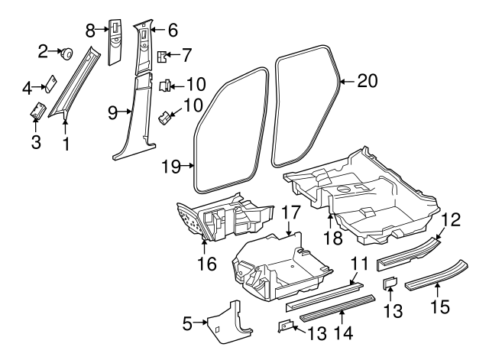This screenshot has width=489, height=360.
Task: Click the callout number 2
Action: (44, 51)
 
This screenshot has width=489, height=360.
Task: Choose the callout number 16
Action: (206, 264)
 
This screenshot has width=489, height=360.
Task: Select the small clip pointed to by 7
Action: (162, 57)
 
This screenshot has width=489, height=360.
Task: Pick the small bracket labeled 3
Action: (36, 113)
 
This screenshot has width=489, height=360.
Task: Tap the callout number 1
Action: (66, 142)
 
